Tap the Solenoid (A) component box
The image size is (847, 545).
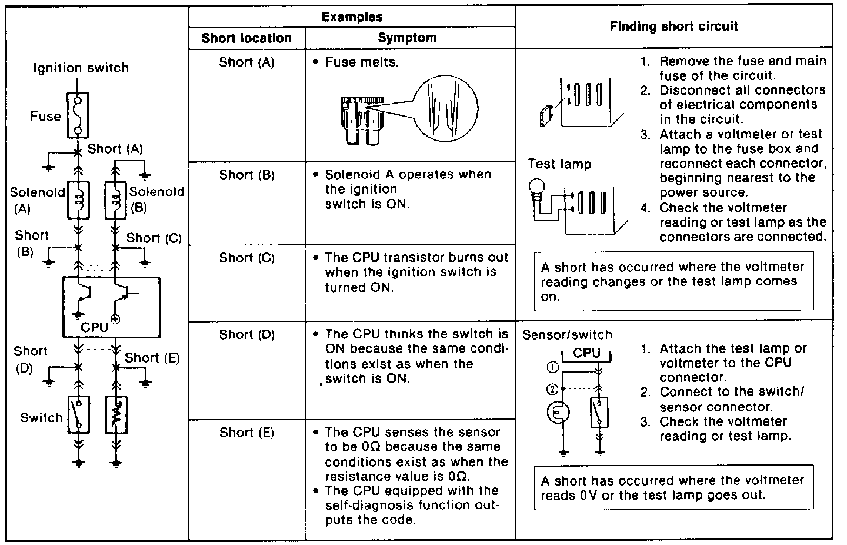(x=78, y=200)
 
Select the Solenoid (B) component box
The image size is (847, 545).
(x=115, y=200)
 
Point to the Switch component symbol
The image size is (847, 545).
(x=78, y=415)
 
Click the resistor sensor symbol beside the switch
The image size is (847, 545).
(x=116, y=415)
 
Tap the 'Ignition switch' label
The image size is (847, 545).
(x=81, y=68)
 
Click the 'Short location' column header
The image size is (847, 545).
(x=246, y=38)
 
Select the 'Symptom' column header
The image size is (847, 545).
(x=407, y=38)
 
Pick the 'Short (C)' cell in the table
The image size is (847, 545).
(x=246, y=258)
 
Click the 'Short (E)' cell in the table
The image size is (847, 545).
(x=246, y=433)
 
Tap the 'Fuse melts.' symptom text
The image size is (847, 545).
(x=361, y=62)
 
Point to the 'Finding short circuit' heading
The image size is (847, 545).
(x=673, y=26)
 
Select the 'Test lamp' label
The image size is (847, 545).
(x=559, y=164)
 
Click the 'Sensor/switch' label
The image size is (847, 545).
(x=567, y=334)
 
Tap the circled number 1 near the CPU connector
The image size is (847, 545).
(x=552, y=368)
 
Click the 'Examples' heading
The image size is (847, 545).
(x=352, y=17)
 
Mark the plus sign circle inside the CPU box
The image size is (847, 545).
(x=115, y=319)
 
